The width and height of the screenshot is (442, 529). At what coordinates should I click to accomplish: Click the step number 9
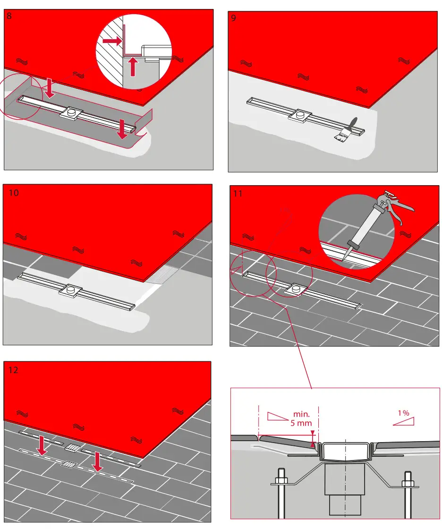233,18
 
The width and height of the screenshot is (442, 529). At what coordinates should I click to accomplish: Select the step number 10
14,193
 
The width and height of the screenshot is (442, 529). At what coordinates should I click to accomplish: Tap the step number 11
238,193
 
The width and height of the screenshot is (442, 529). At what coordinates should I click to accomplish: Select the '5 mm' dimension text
299,423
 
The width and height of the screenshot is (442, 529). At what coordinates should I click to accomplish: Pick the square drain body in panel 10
71,290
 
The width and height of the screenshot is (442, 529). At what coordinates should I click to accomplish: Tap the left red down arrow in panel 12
42,445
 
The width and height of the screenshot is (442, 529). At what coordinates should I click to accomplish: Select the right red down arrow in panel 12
97,461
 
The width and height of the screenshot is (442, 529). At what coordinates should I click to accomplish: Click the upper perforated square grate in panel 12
72,447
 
